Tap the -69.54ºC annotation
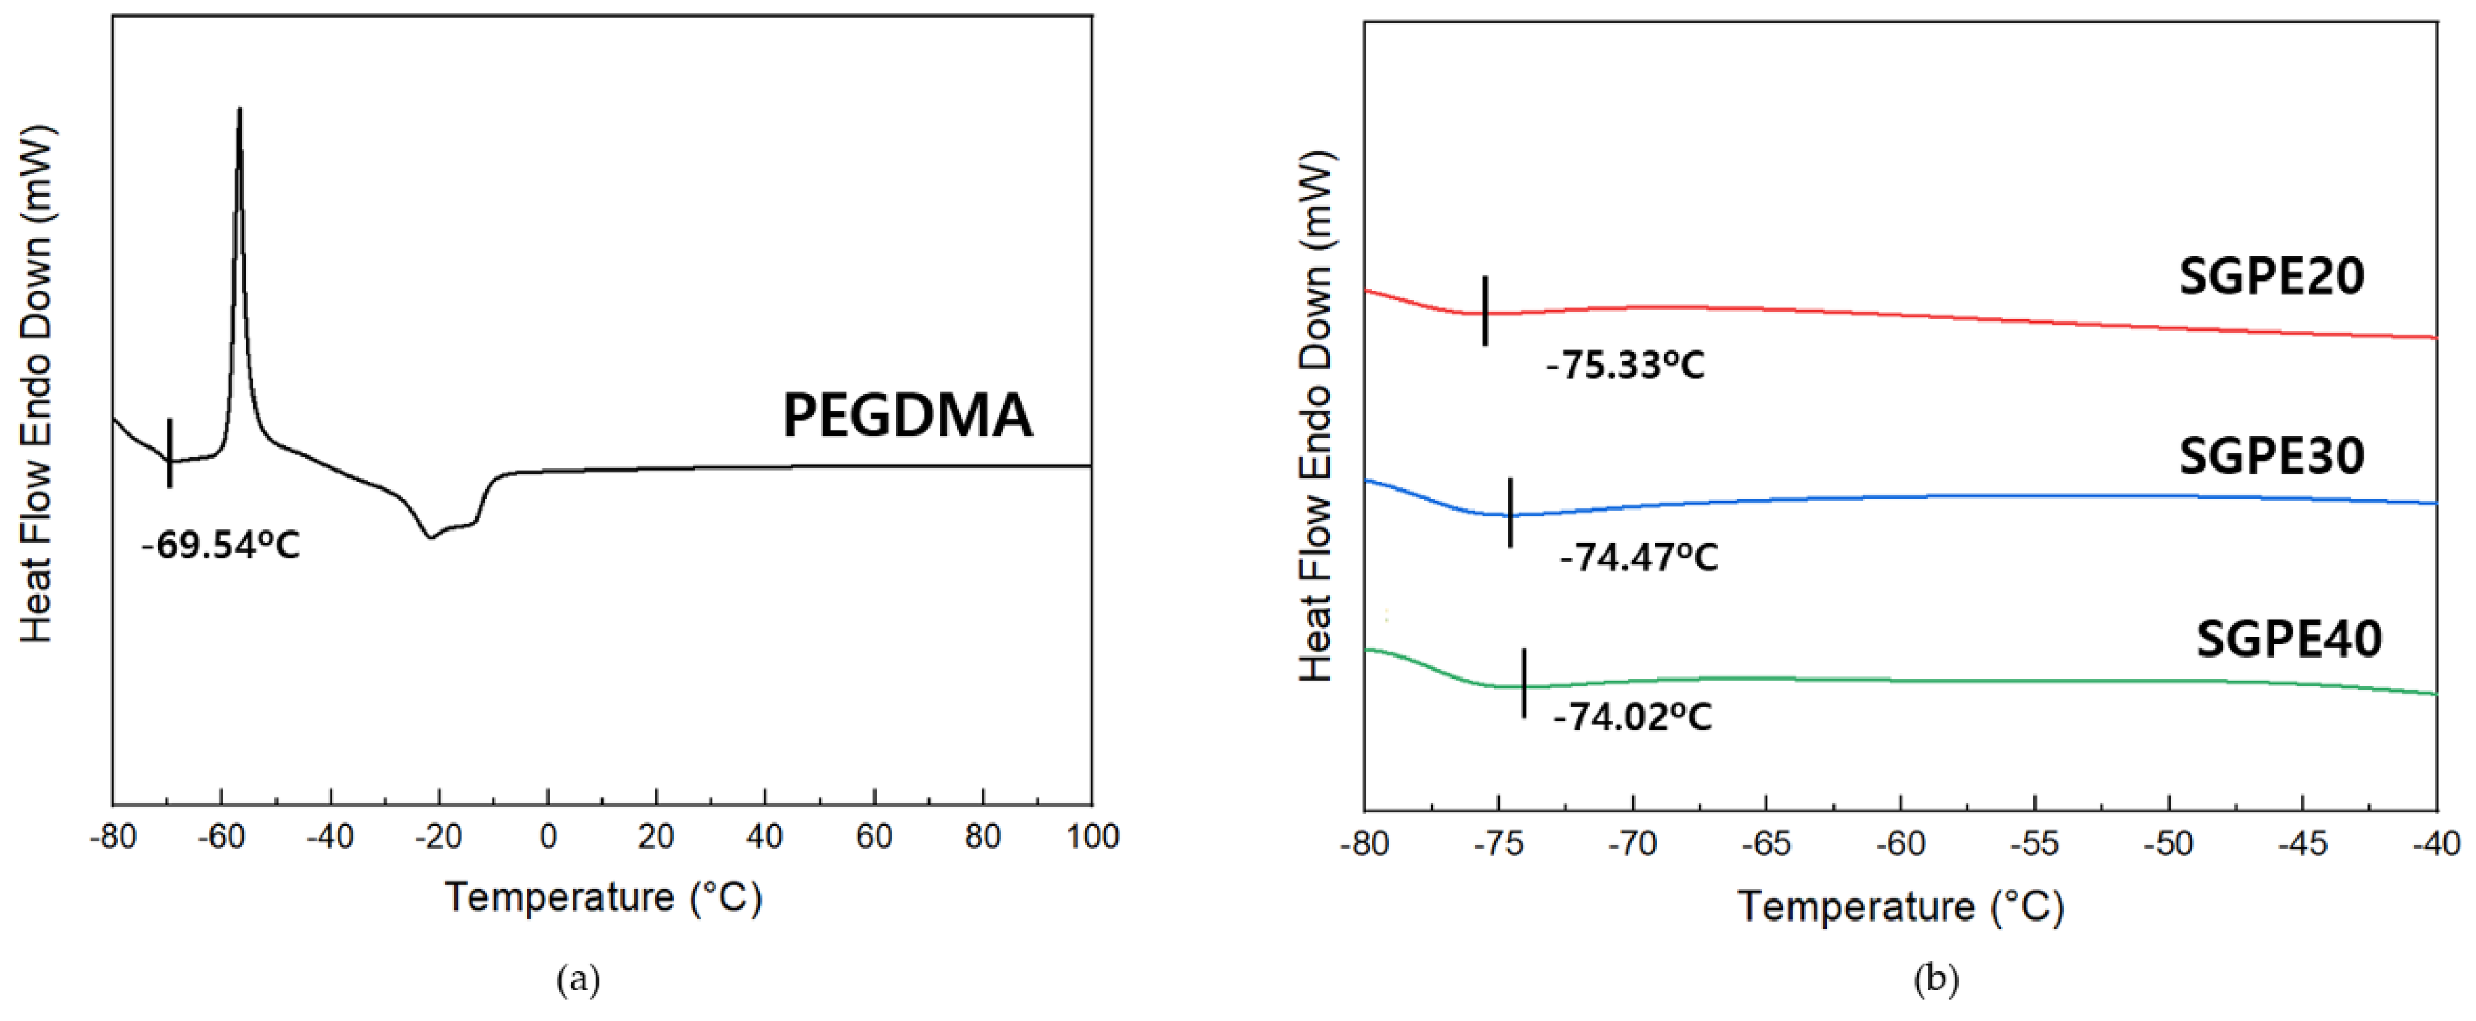click(x=221, y=545)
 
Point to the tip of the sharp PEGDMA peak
click(x=239, y=111)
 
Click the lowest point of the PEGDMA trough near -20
click(x=430, y=537)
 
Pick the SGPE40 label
click(x=2288, y=639)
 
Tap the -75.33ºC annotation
click(x=1625, y=366)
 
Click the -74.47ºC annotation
click(x=1638, y=557)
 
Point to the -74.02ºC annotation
click(x=1632, y=717)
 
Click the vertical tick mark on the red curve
click(x=1485, y=310)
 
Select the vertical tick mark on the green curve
click(x=1524, y=683)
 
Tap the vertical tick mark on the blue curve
click(x=1510, y=513)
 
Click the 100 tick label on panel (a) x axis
click(x=1092, y=836)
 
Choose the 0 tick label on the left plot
click(x=548, y=836)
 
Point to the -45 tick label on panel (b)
click(x=2302, y=844)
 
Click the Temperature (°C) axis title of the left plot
click(x=603, y=897)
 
